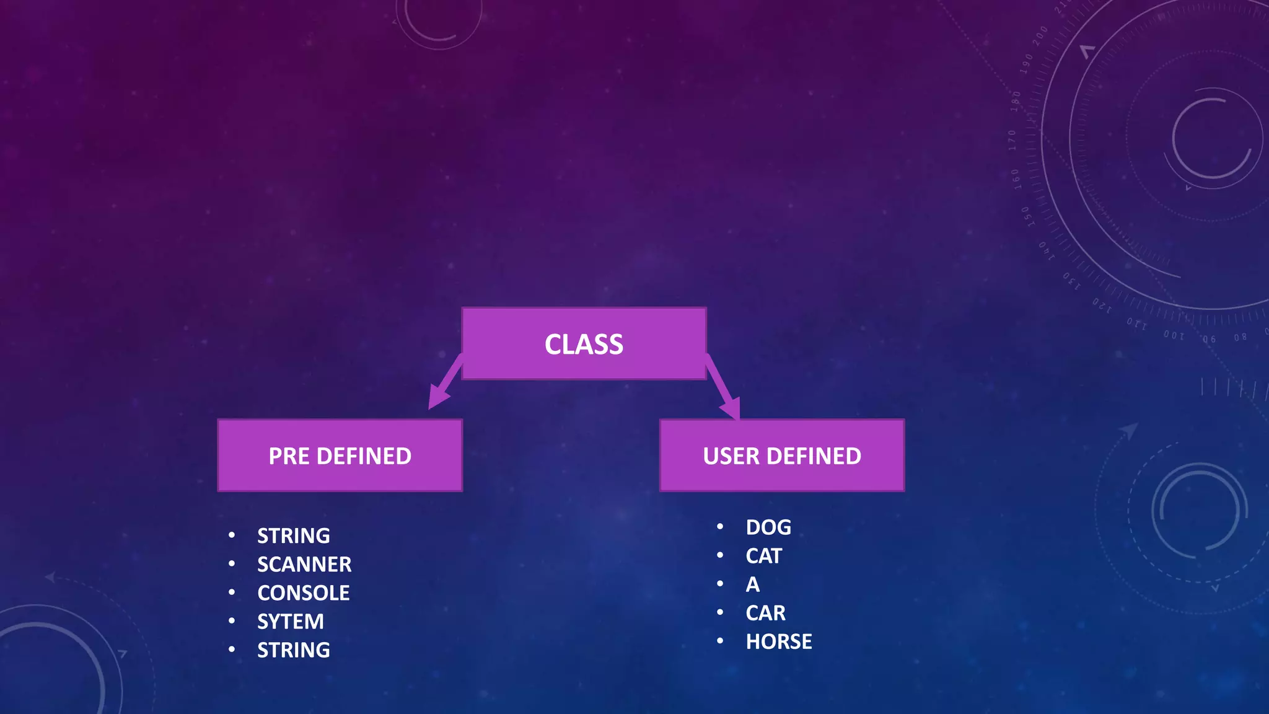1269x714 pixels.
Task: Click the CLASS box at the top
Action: coord(584,344)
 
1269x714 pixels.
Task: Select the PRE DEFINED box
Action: coord(340,456)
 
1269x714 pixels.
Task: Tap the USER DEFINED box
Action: coord(782,456)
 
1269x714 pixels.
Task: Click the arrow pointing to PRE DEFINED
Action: coord(445,384)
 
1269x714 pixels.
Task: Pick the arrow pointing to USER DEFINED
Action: coord(723,389)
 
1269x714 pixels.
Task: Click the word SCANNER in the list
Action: coord(304,564)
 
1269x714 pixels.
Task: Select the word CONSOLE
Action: coord(303,593)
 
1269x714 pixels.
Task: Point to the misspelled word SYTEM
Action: coord(290,621)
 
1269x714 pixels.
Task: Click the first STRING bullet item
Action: coord(293,535)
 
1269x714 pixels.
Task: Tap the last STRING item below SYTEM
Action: coord(293,650)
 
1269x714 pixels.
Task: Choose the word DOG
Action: coord(768,527)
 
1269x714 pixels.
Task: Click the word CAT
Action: coord(763,555)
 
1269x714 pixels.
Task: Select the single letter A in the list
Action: coord(752,584)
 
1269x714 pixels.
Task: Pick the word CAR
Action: coord(765,612)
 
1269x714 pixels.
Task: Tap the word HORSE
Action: coord(778,641)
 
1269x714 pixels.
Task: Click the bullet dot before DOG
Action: coord(720,527)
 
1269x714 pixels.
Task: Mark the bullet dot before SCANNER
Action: coord(232,564)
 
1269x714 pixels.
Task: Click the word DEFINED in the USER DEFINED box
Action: coord(814,456)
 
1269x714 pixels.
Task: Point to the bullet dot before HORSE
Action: coord(720,641)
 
